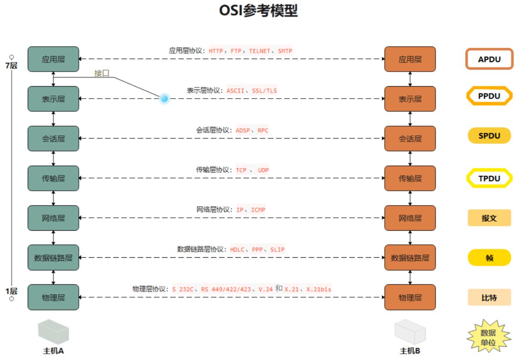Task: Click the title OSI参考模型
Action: [258, 11]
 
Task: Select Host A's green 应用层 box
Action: [53, 59]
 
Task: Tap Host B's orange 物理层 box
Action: [410, 297]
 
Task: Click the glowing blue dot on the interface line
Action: [164, 99]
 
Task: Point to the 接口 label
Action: [102, 73]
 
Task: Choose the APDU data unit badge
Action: [489, 59]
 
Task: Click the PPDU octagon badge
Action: [489, 96]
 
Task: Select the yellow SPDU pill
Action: [489, 136]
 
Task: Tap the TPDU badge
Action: [489, 178]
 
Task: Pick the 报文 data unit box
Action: [489, 218]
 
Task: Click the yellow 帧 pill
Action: [489, 258]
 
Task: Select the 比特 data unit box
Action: [489, 297]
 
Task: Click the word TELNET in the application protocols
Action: [260, 51]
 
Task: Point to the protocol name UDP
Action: [263, 170]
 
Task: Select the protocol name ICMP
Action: [258, 210]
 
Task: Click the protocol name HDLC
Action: [237, 250]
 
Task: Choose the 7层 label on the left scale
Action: [11, 66]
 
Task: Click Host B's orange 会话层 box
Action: [410, 139]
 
